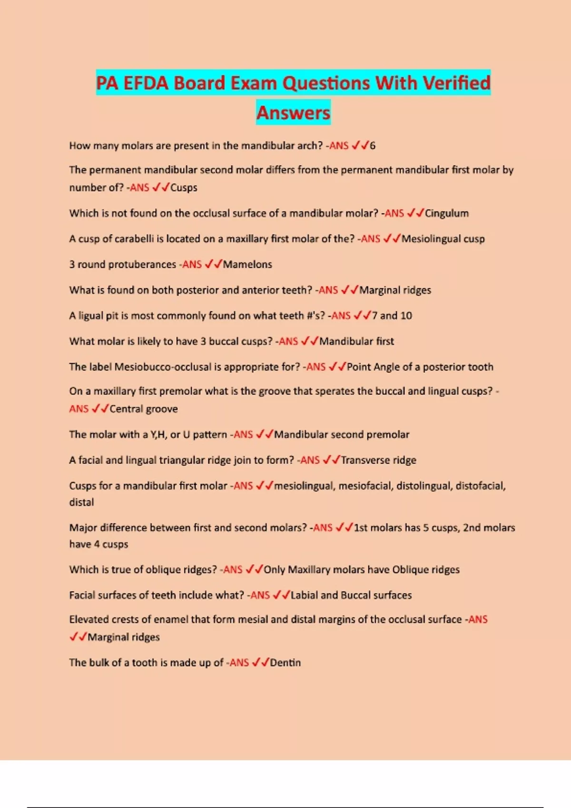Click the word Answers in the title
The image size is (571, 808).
[x=293, y=113]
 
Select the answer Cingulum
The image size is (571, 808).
[x=446, y=213]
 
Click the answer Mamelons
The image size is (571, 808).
[x=247, y=265]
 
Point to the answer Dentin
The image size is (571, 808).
[x=285, y=663]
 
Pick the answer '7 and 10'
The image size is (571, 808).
[x=392, y=316]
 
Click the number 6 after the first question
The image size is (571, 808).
[x=373, y=146]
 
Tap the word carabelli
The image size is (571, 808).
[x=126, y=239]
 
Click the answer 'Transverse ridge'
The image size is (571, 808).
[x=378, y=460]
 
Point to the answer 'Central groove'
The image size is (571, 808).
[x=144, y=409]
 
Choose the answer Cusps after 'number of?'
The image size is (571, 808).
[x=184, y=188]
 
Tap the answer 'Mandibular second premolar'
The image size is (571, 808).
[x=342, y=434]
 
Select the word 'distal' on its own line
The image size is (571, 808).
[x=81, y=502]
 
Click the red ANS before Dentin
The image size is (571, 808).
[x=239, y=663]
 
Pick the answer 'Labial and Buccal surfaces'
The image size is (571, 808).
[x=351, y=595]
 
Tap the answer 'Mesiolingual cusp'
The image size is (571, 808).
[x=443, y=239]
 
